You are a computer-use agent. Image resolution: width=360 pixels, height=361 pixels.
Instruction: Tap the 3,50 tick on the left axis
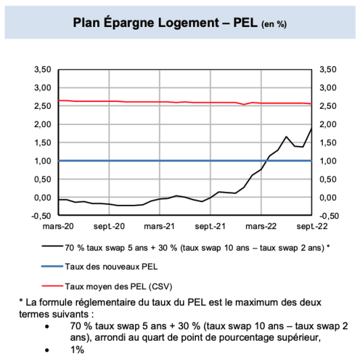(x=42, y=70)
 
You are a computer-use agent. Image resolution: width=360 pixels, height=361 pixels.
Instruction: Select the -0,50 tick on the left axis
(x=41, y=216)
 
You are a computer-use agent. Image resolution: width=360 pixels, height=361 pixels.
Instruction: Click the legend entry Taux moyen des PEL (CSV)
(x=111, y=286)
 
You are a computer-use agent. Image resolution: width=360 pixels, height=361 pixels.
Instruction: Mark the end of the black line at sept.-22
(x=311, y=128)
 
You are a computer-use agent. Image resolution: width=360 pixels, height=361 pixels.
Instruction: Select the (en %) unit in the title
(x=273, y=24)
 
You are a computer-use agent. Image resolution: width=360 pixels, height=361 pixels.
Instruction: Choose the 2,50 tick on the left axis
(x=42, y=106)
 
